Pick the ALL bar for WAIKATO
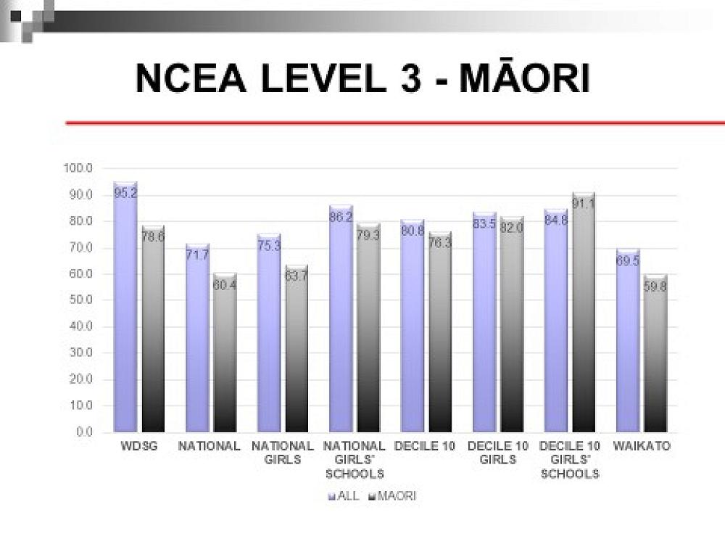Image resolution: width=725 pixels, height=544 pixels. (x=628, y=341)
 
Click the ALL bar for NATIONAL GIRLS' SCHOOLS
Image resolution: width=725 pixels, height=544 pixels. (x=341, y=319)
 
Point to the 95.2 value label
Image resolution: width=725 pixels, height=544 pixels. (x=125, y=193)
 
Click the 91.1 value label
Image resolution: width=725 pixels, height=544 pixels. (x=584, y=204)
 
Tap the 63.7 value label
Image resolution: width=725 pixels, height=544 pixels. (x=296, y=275)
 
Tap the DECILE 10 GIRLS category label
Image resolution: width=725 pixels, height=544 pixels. (x=497, y=453)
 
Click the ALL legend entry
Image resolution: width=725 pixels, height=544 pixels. (x=344, y=497)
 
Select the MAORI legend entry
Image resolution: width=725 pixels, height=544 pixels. (x=392, y=497)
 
